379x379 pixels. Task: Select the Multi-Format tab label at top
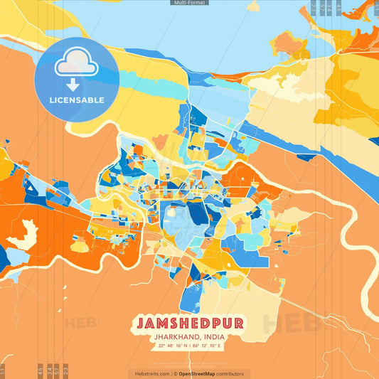click(189, 3)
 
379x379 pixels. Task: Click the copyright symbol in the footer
click(175, 373)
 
